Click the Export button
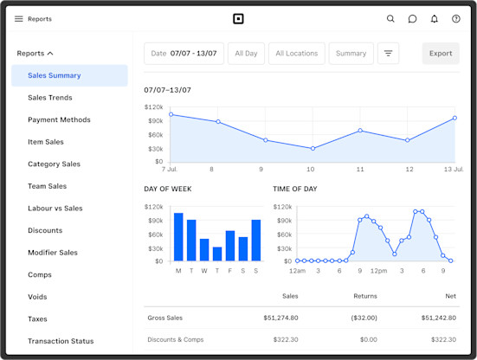pyautogui.click(x=441, y=54)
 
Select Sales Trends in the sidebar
pyautogui.click(x=49, y=98)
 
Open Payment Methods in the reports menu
pyautogui.click(x=59, y=120)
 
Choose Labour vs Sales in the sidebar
pyautogui.click(x=55, y=209)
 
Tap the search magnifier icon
pyautogui.click(x=390, y=18)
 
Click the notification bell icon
pyautogui.click(x=435, y=18)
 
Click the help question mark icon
pyautogui.click(x=456, y=18)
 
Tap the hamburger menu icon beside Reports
pyautogui.click(x=19, y=18)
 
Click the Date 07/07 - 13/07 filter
pyautogui.click(x=185, y=54)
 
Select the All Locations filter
pyautogui.click(x=296, y=54)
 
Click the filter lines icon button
pyautogui.click(x=389, y=54)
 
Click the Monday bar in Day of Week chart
pyautogui.click(x=178, y=237)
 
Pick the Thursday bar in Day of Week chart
pyautogui.click(x=217, y=254)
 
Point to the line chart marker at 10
pyautogui.click(x=313, y=149)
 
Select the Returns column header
pyautogui.click(x=365, y=296)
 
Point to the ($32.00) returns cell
pyautogui.click(x=363, y=318)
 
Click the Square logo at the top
pyautogui.click(x=239, y=18)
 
